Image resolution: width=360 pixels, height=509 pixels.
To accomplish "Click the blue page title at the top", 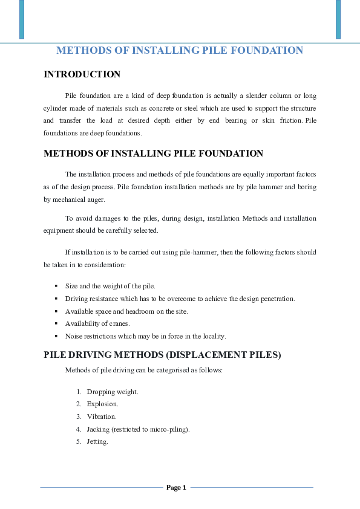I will click(180, 51).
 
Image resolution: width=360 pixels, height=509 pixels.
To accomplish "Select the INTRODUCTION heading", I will click(82, 74).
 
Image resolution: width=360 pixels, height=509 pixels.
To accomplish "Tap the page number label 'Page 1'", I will click(176, 487).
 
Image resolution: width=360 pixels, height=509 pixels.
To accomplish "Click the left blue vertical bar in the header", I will click(22, 19).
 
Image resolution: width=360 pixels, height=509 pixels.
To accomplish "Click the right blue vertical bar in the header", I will click(338, 19).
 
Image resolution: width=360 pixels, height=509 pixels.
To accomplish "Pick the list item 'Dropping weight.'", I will click(113, 392).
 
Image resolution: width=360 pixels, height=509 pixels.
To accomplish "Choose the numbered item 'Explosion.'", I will click(102, 404).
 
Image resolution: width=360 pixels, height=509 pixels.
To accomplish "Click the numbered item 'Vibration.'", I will click(102, 417).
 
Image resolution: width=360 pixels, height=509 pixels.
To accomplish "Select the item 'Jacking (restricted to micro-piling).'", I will click(138, 429).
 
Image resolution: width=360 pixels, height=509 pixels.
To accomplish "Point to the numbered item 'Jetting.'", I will click(97, 441).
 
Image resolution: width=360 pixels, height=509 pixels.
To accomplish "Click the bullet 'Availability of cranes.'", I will click(97, 323).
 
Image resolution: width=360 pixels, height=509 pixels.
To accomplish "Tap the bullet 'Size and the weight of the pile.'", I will click(110, 286).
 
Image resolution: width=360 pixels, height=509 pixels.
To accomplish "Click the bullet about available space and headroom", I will click(126, 311).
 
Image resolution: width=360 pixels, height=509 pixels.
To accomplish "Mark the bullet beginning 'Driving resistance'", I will click(180, 299).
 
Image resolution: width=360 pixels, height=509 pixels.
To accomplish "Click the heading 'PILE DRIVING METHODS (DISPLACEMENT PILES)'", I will click(162, 355).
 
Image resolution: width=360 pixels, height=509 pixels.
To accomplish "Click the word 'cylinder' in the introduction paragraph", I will click(56, 108).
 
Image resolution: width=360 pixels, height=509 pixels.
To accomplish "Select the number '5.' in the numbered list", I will click(79, 441).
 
